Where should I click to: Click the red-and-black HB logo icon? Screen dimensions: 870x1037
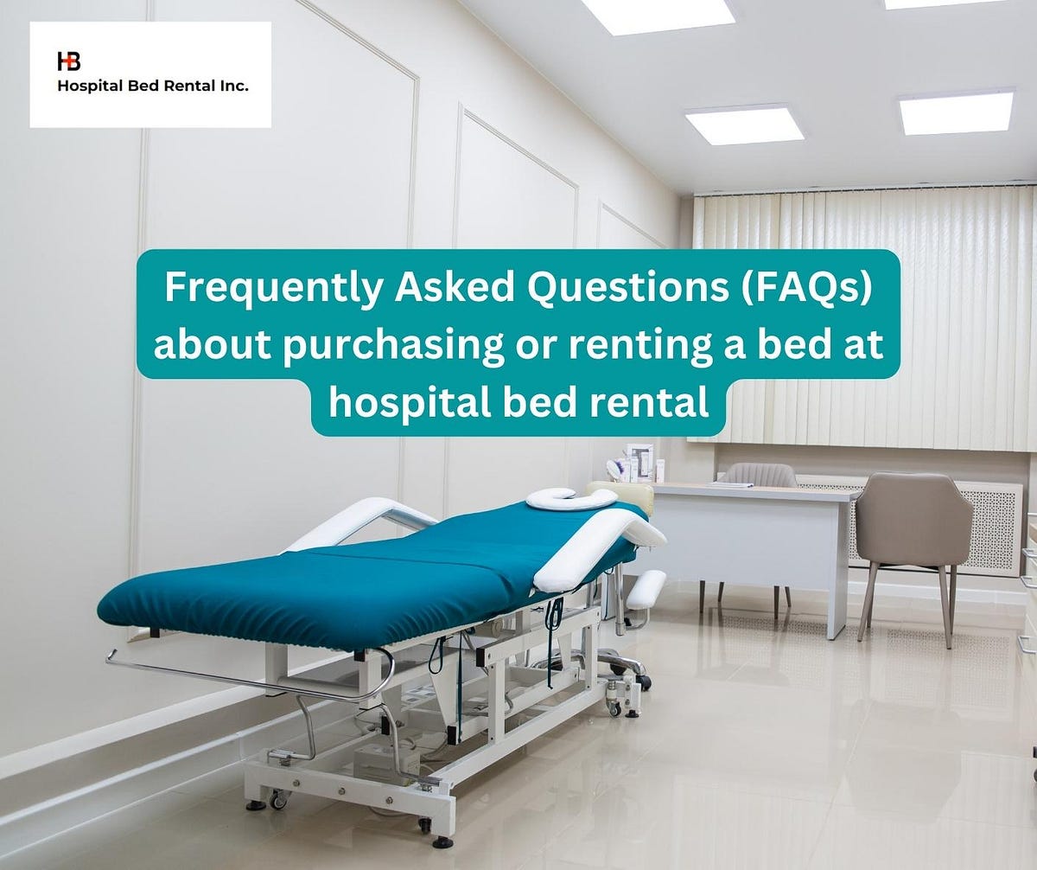pyautogui.click(x=68, y=61)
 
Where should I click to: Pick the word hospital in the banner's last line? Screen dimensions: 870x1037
pyautogui.click(x=391, y=402)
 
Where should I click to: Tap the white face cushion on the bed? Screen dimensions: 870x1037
pyautogui.click(x=571, y=498)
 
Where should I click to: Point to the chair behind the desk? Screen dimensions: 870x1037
pyautogui.click(x=758, y=475)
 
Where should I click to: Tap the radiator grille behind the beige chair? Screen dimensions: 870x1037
pyautogui.click(x=994, y=528)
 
